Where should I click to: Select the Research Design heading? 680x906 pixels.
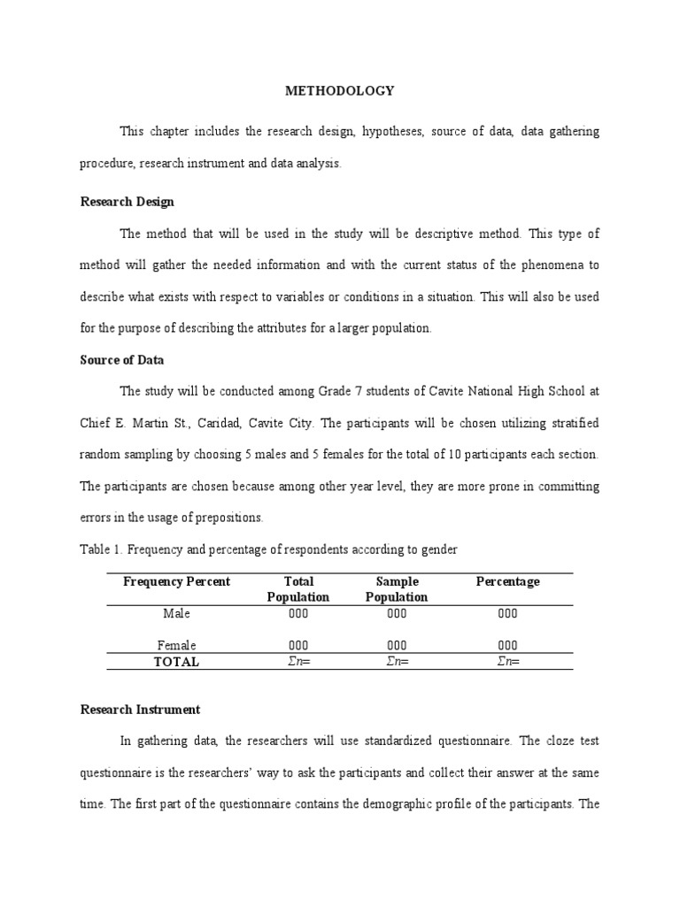tap(127, 202)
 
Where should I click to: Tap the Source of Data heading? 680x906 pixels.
tap(122, 360)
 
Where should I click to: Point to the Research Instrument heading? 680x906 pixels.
tap(140, 710)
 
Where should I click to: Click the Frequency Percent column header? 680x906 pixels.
tap(177, 581)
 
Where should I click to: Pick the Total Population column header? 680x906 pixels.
tap(298, 589)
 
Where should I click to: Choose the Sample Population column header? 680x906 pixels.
tap(397, 589)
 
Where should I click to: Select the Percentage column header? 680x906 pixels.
tap(507, 581)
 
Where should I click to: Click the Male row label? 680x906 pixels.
tap(177, 613)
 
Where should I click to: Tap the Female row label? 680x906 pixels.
tap(177, 645)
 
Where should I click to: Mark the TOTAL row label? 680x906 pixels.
tap(177, 662)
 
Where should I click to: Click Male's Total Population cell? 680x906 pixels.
tap(298, 613)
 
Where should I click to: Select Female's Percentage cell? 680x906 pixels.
tap(507, 645)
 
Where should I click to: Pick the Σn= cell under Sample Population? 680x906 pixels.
tap(397, 662)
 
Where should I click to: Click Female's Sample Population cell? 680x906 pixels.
tap(397, 645)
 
